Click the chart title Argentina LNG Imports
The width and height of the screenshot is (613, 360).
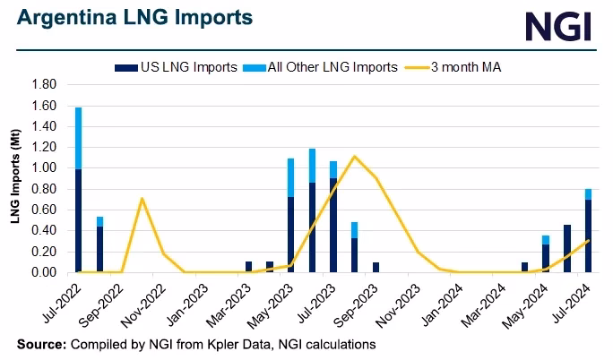click(134, 18)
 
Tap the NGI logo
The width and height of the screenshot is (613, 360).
click(557, 26)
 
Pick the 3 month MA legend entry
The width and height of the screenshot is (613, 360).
click(461, 66)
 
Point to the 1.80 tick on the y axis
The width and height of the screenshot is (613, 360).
click(44, 84)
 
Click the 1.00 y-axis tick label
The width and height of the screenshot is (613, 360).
click(44, 168)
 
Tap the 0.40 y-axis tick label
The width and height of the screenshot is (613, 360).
click(44, 231)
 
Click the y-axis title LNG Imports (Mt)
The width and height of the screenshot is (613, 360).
click(17, 178)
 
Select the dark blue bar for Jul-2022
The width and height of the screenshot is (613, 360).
click(79, 220)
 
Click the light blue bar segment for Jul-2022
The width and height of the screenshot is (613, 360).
click(79, 138)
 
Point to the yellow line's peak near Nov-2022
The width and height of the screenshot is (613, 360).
click(142, 198)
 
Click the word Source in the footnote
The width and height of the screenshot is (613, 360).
click(41, 344)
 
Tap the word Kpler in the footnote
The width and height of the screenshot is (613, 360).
click(221, 344)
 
